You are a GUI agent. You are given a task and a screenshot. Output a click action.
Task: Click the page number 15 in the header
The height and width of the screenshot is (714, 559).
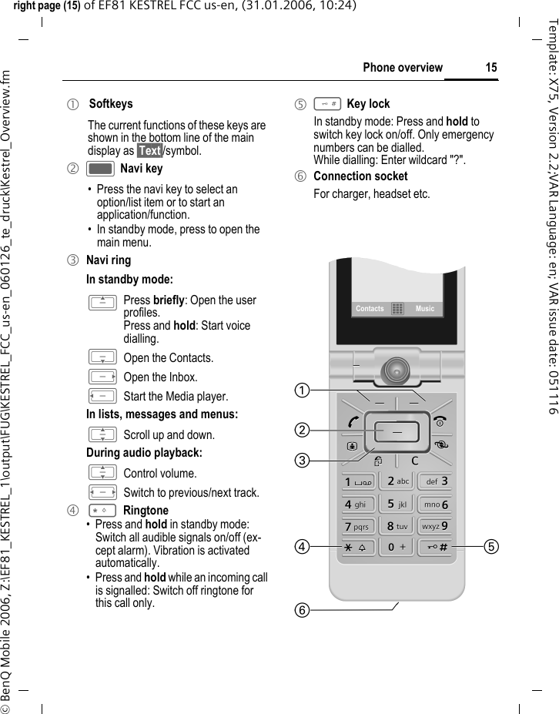491,68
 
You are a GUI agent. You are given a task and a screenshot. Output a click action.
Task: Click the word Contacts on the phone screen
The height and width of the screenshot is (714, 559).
370,309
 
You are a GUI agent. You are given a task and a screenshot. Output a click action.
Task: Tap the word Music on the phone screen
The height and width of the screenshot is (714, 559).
424,309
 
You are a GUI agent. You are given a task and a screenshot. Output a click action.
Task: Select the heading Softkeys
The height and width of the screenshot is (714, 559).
111,104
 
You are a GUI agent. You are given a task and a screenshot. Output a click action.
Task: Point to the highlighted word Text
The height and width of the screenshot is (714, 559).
149,151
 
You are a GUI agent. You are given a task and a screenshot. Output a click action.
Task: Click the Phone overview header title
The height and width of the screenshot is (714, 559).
403,68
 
